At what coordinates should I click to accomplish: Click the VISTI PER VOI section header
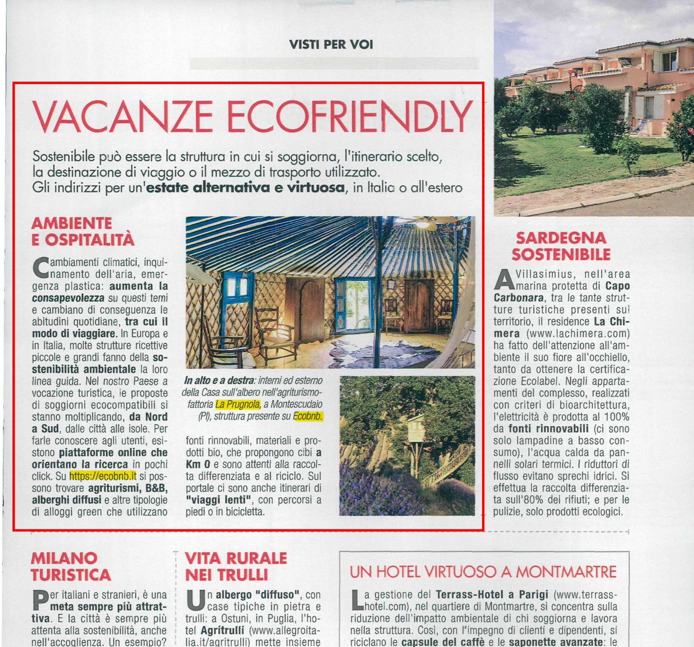pos(331,44)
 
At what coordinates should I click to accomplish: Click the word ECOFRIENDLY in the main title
pos(349,117)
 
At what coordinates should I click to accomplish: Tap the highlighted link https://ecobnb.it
pos(103,476)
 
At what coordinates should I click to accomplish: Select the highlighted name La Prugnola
pos(238,404)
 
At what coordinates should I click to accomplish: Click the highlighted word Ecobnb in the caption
pos(308,416)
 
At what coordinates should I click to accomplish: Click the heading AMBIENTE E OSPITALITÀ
pos(83,231)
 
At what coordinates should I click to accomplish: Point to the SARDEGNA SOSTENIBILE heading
pos(561,246)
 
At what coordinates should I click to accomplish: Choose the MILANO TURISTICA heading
pos(71,566)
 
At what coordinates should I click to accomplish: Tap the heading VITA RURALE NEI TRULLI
pos(235,566)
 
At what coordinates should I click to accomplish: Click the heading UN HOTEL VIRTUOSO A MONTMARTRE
pos(483,572)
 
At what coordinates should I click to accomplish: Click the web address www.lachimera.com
pos(578,334)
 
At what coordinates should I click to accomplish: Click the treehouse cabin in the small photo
pos(415,428)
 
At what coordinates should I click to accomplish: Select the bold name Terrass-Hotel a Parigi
pos(492,595)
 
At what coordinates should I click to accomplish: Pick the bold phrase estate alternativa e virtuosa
pos(245,188)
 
